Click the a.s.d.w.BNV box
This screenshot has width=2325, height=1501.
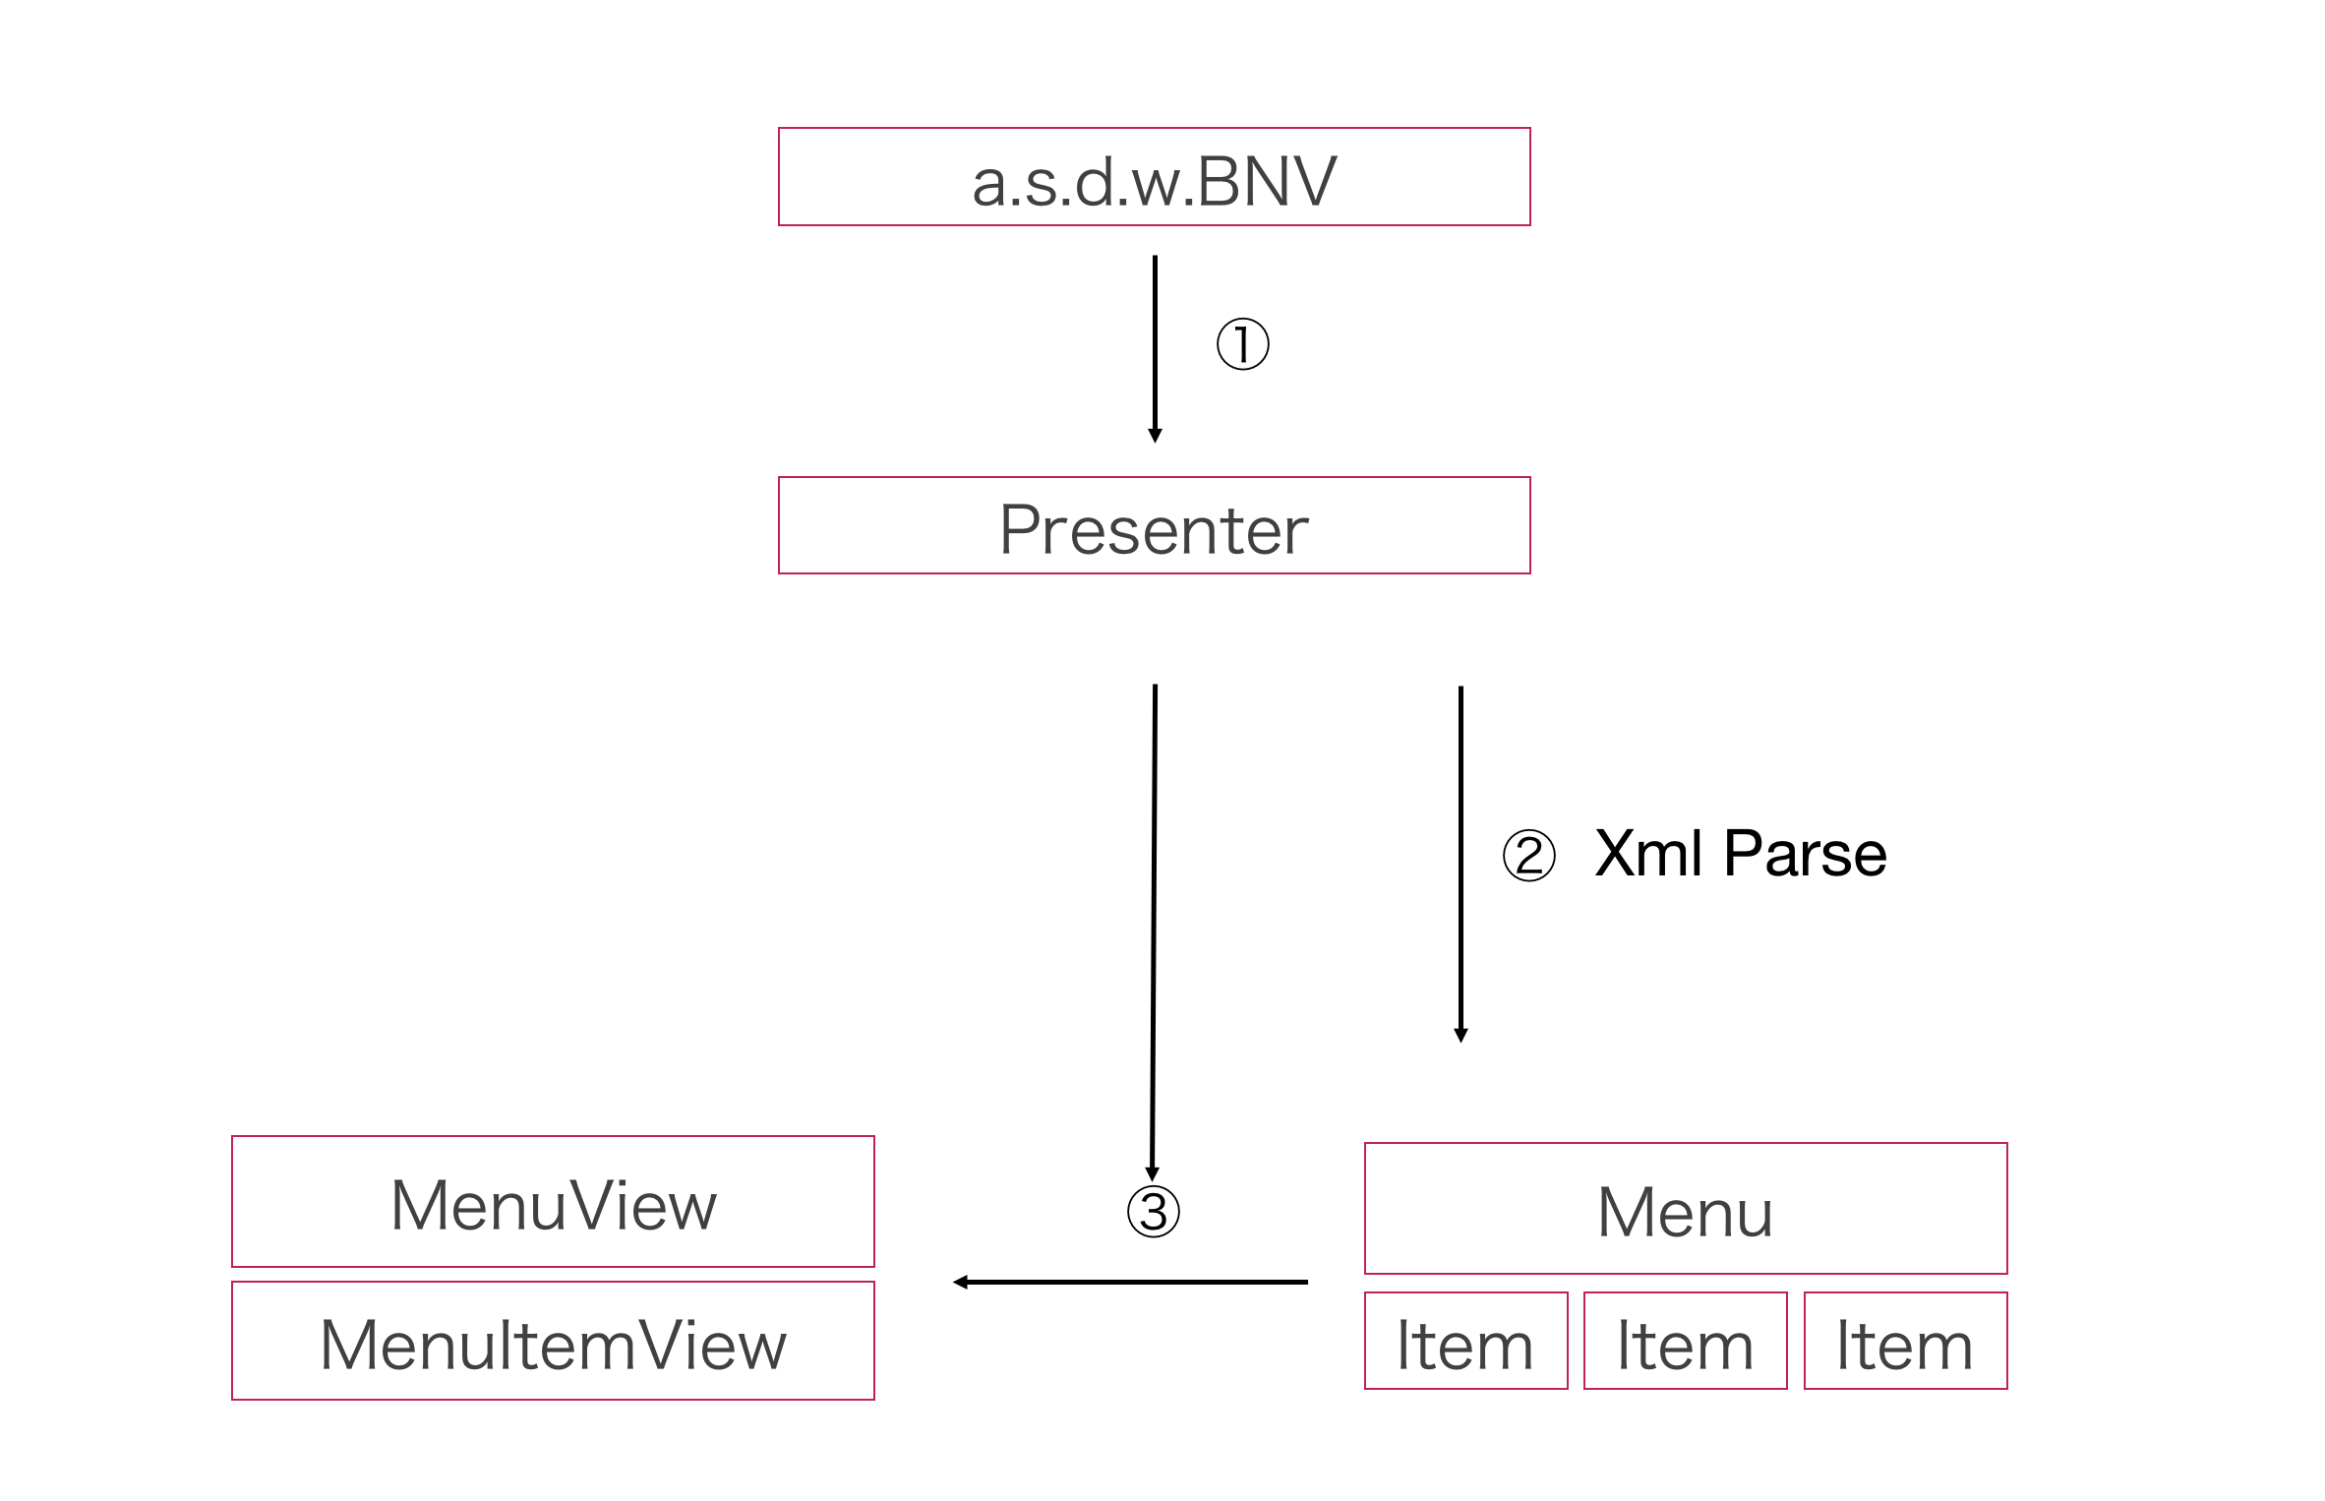click(x=1154, y=177)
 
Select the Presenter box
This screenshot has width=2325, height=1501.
click(x=1154, y=526)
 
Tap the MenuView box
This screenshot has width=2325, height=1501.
click(x=553, y=1202)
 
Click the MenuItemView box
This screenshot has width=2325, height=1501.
click(x=553, y=1341)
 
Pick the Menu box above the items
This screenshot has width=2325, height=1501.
click(x=1685, y=1209)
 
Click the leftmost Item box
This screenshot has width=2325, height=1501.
click(x=1465, y=1342)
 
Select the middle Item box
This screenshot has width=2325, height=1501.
click(x=1685, y=1342)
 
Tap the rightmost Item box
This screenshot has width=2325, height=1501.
click(x=1905, y=1342)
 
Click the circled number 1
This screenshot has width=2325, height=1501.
click(x=1243, y=344)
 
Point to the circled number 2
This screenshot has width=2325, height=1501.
click(x=1529, y=855)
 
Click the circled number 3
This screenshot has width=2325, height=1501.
click(x=1154, y=1212)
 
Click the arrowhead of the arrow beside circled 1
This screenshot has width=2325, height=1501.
click(x=1156, y=436)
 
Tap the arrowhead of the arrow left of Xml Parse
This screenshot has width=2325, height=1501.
click(x=1461, y=1035)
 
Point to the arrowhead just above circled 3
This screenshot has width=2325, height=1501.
click(x=1153, y=1173)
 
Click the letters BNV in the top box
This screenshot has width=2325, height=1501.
click(x=1268, y=182)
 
